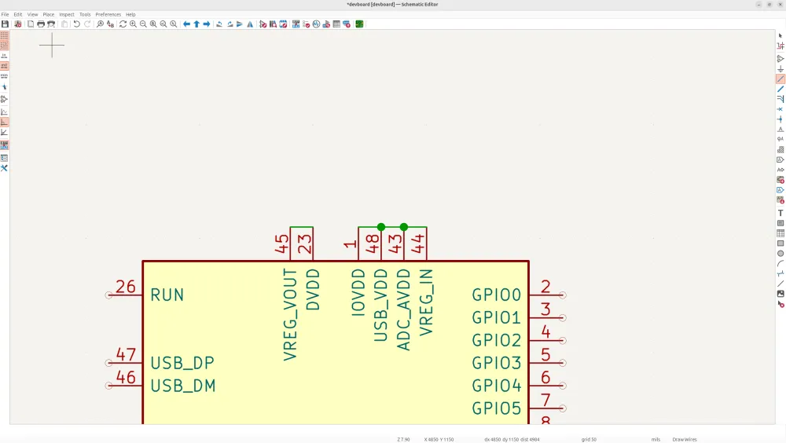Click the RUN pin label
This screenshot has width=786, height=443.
167,295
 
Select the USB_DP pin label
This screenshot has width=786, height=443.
182,363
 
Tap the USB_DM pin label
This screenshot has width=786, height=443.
182,386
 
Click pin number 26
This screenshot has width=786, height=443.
126,287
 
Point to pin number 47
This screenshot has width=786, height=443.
126,355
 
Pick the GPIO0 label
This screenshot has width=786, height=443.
497,295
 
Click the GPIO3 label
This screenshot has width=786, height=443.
497,363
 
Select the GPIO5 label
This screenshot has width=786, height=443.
497,408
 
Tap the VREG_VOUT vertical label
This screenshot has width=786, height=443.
290,314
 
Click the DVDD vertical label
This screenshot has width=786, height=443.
313,290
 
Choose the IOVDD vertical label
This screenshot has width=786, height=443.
358,293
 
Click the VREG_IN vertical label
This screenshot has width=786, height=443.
427,302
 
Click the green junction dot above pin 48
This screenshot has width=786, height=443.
381,227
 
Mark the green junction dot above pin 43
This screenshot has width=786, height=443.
404,227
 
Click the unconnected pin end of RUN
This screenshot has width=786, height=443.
108,295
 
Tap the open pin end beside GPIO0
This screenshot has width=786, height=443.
563,295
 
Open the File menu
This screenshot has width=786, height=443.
6,14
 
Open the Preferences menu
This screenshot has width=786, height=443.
108,14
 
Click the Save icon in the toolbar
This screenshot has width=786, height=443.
6,24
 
